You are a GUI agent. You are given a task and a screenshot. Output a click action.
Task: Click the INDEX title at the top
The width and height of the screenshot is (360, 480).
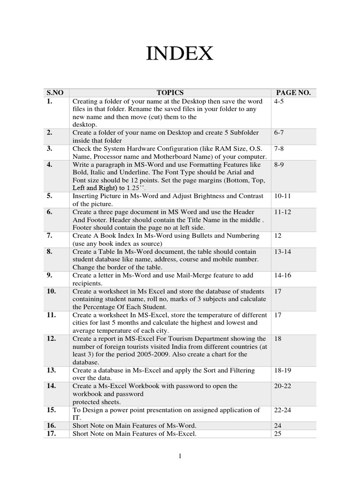180,54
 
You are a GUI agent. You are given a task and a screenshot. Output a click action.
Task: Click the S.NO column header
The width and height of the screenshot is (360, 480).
56,93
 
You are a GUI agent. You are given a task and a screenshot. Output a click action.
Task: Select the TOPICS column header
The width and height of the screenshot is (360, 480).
170,93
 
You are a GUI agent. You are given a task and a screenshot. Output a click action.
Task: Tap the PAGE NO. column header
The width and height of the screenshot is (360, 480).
293,93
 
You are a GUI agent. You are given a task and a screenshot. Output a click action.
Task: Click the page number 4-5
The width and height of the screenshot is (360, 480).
279,101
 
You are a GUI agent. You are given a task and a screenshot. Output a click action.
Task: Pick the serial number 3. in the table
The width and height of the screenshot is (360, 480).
50,149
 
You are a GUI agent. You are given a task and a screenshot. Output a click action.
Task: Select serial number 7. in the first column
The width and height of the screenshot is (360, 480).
50,236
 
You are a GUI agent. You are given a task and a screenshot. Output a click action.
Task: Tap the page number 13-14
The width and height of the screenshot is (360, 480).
283,252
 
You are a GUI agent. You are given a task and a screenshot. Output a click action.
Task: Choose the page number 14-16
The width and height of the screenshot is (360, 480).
283,276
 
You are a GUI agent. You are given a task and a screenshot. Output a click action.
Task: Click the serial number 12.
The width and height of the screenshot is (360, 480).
52,339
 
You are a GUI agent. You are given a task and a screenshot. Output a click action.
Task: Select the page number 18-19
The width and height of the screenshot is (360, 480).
283,371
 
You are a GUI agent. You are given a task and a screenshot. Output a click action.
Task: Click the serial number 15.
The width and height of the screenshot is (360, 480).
52,410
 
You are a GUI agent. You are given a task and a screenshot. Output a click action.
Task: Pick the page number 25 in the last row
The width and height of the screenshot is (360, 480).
278,434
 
